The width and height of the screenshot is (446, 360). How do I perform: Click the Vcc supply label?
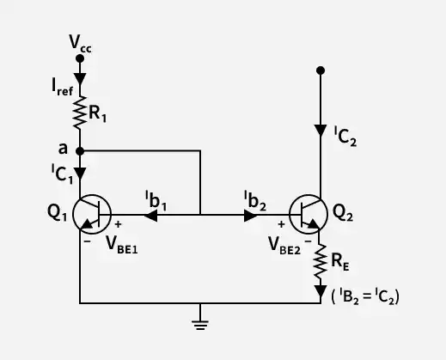point(80,44)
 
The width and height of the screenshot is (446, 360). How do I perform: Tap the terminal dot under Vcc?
point(80,58)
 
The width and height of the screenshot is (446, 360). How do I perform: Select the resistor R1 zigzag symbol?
point(80,113)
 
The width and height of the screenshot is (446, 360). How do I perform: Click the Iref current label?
point(63,87)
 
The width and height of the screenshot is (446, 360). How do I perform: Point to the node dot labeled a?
point(80,151)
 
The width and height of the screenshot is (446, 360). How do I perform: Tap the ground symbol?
point(200,325)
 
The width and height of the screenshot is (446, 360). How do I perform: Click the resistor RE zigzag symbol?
point(321,261)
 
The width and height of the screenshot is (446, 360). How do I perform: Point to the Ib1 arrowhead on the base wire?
point(150,216)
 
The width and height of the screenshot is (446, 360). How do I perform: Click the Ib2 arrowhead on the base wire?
point(251,216)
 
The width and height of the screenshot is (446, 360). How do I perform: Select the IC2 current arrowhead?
point(321,131)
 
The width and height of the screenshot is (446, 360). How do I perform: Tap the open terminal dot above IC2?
point(321,70)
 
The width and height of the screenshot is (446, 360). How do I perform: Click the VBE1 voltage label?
point(122,245)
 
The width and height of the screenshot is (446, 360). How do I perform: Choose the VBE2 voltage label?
point(284,246)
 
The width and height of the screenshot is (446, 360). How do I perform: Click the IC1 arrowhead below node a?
point(80,174)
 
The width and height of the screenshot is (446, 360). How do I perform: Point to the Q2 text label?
point(343,213)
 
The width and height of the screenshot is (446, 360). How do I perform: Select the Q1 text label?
point(58,213)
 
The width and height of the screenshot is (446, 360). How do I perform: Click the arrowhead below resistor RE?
point(321,292)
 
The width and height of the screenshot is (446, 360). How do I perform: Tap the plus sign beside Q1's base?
point(118,224)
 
